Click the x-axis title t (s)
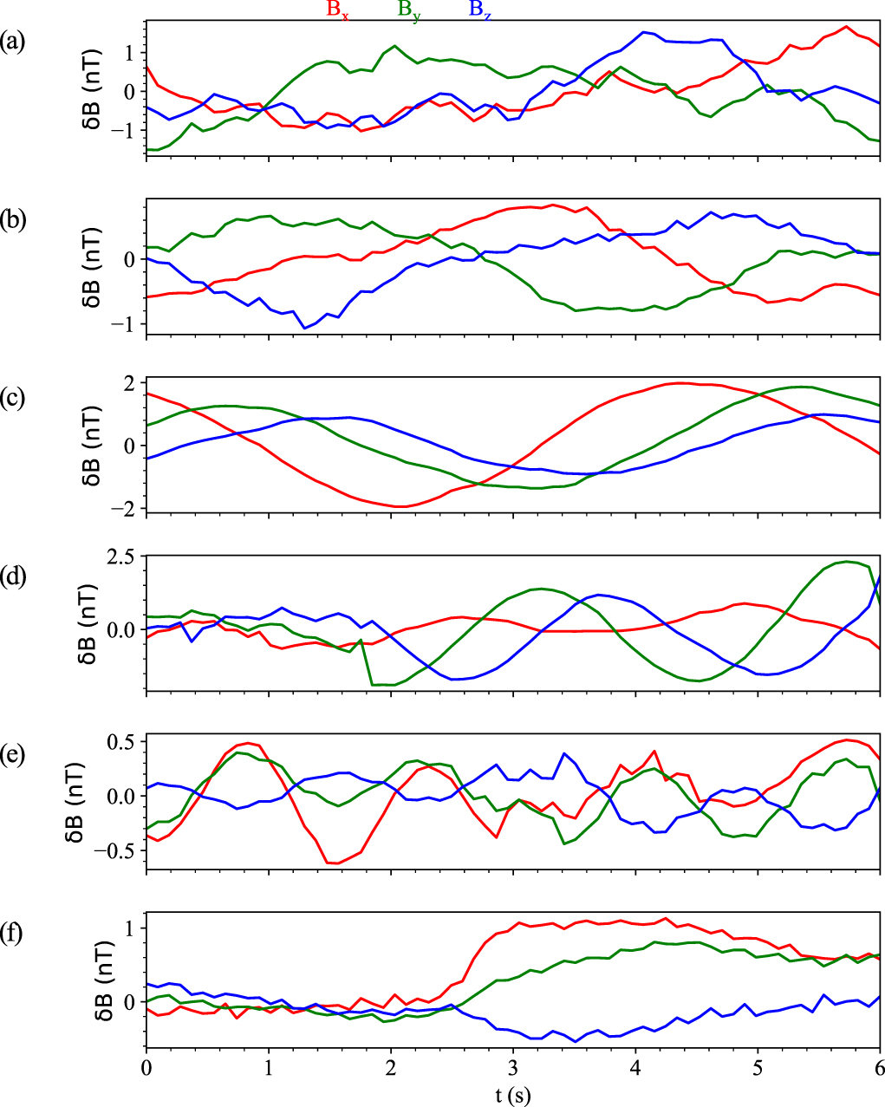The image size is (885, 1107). (513, 1095)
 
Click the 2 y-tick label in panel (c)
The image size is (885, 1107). (130, 382)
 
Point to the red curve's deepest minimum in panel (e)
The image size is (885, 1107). (334, 863)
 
